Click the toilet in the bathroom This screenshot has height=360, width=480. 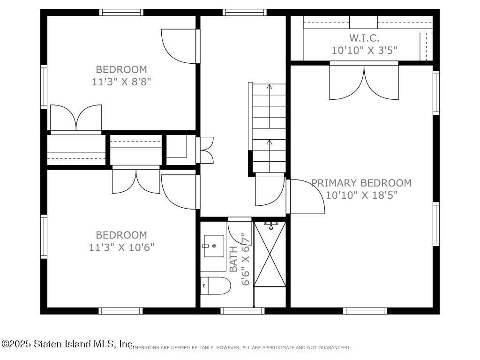tap(216, 285)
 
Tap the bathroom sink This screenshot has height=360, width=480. tap(214, 246)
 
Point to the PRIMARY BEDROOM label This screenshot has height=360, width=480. tap(361, 183)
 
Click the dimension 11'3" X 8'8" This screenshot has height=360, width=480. tap(121, 81)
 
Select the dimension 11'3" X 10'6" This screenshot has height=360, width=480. tap(121, 247)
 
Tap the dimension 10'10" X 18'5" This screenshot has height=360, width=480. tap(361, 195)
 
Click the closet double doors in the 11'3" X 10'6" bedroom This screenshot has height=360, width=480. tap(136, 180)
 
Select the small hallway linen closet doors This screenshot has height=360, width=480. tap(206, 150)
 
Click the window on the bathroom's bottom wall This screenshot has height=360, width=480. tap(242, 310)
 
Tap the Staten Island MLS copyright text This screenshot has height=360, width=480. tap(68, 344)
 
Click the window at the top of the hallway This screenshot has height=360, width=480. tap(244, 13)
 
